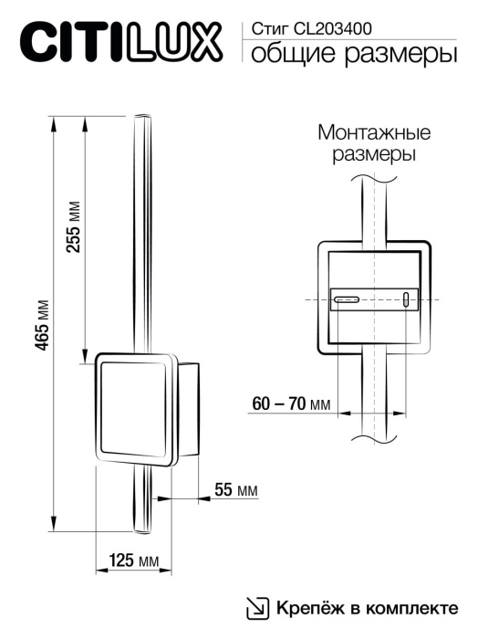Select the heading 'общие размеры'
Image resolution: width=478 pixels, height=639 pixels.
[x=353, y=56]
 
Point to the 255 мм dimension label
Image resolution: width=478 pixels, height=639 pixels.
[x=75, y=226]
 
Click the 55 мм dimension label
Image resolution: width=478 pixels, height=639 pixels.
[x=235, y=491]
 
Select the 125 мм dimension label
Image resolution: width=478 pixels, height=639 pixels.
[x=135, y=559]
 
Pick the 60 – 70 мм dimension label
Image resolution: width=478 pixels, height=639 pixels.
[x=291, y=404]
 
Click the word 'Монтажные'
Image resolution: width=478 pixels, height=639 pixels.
[x=374, y=133]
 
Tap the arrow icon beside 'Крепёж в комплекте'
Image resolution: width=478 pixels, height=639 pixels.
[x=259, y=608]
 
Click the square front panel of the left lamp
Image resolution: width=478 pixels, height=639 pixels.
[x=133, y=408]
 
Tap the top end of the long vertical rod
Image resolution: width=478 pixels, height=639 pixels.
[x=142, y=120]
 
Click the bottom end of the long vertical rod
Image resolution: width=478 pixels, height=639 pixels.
[x=142, y=529]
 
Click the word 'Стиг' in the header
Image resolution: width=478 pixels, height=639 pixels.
[x=265, y=30]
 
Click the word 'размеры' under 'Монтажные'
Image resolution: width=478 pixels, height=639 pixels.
[x=374, y=155]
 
